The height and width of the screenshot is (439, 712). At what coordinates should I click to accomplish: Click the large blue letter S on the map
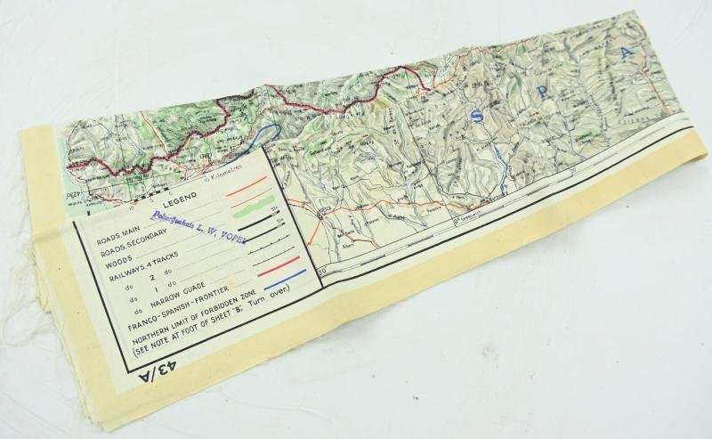(480, 113)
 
